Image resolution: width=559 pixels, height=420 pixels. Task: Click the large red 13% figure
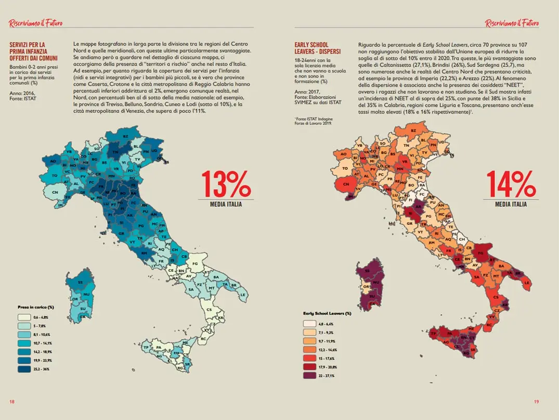225,184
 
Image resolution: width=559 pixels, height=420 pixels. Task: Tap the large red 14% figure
510,184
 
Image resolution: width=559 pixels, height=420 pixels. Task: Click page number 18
11,401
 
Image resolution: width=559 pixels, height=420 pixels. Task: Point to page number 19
537,401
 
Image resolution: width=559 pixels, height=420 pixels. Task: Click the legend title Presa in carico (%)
36,307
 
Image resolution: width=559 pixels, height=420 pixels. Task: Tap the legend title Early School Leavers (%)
327,313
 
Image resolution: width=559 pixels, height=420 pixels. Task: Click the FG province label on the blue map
196,264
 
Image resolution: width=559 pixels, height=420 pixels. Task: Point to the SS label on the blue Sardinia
80,282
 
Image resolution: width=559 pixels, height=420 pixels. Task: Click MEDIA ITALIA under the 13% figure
225,204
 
